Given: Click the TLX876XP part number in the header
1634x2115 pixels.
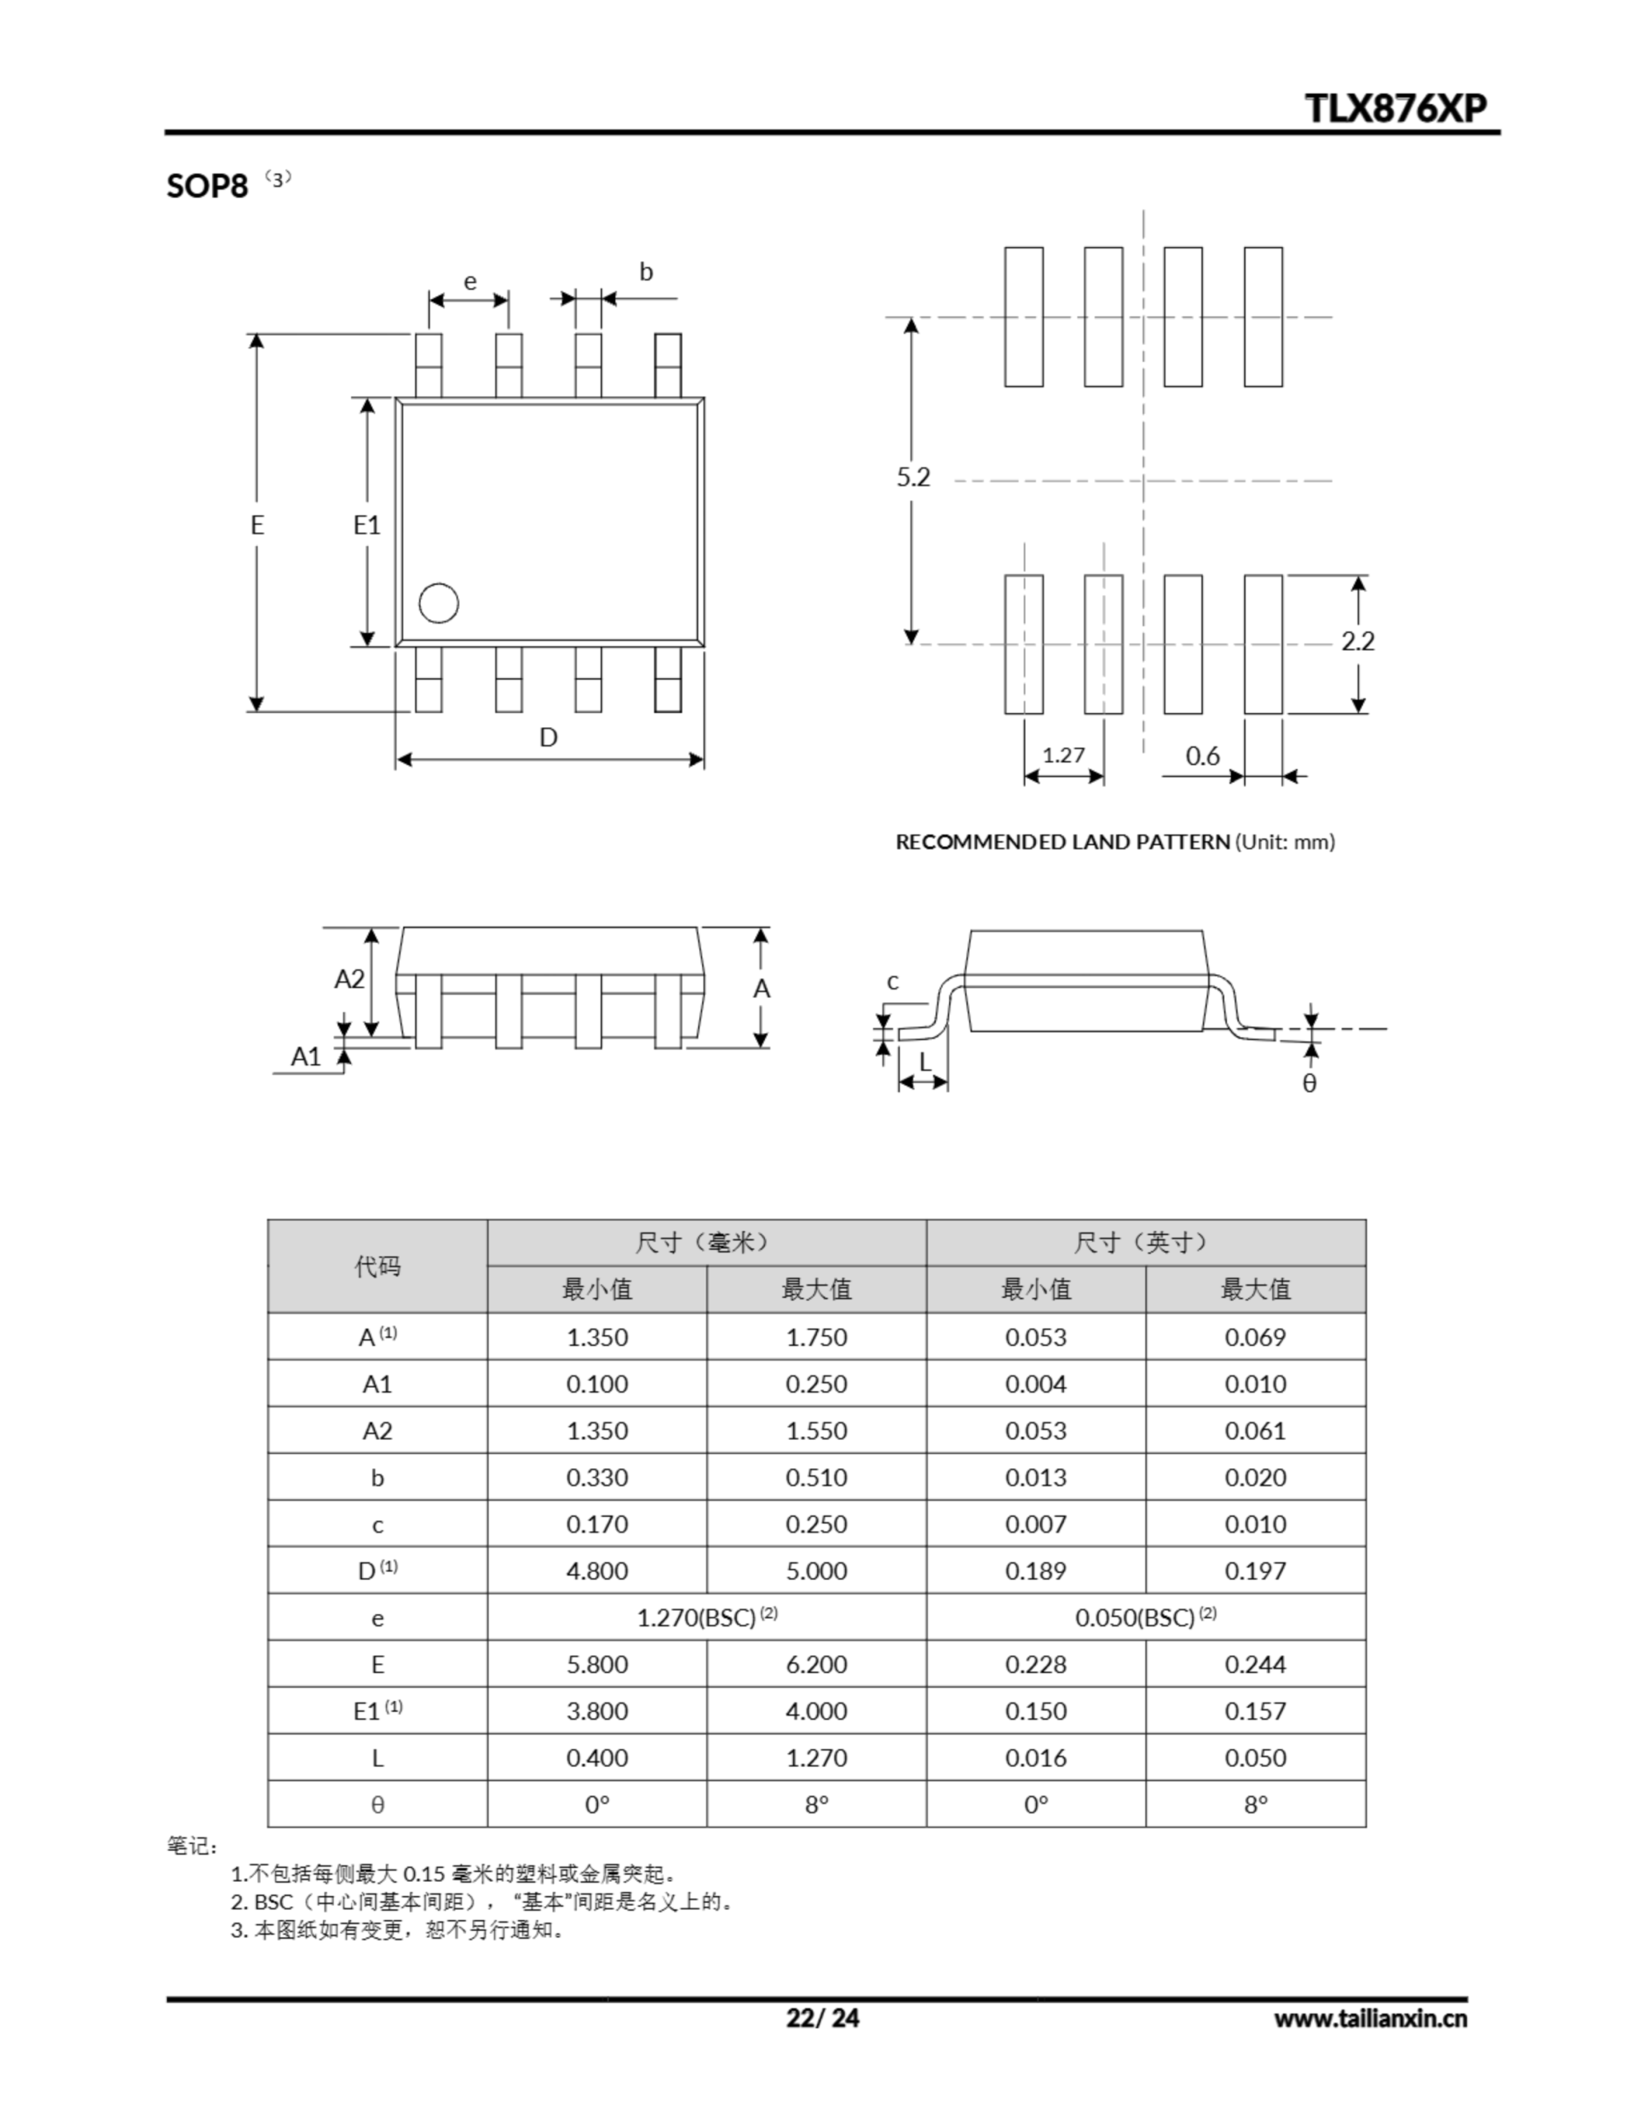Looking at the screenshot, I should click(x=1396, y=107).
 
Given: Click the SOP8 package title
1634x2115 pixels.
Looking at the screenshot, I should click(x=207, y=185).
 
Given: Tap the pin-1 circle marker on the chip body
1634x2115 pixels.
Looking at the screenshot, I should click(x=438, y=603).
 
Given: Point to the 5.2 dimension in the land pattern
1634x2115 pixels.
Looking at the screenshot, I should click(x=912, y=477).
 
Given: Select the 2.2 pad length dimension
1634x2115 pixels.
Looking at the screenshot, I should click(x=1357, y=641).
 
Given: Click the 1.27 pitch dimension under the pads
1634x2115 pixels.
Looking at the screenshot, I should click(x=1063, y=755).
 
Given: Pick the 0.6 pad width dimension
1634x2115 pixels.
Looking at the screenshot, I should click(x=1202, y=755).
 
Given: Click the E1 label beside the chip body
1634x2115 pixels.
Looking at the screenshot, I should click(x=366, y=525).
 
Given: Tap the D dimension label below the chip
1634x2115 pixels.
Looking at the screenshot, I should click(x=549, y=738).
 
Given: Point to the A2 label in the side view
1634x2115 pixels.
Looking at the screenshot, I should click(x=349, y=979).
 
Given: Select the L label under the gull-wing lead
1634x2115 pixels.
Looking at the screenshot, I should click(x=925, y=1062).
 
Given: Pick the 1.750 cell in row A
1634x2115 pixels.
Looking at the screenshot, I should click(x=815, y=1338).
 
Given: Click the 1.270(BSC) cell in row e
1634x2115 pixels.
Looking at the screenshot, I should click(x=706, y=1618).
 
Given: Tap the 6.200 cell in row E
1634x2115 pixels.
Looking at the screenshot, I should click(x=815, y=1665).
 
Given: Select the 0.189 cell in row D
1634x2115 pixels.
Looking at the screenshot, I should click(x=1035, y=1571).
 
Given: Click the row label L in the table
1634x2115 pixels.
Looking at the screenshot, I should click(x=377, y=1757).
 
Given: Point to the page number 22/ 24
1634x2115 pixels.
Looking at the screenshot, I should click(x=822, y=2018).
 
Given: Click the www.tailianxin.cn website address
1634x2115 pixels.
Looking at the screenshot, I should click(x=1370, y=2019).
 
